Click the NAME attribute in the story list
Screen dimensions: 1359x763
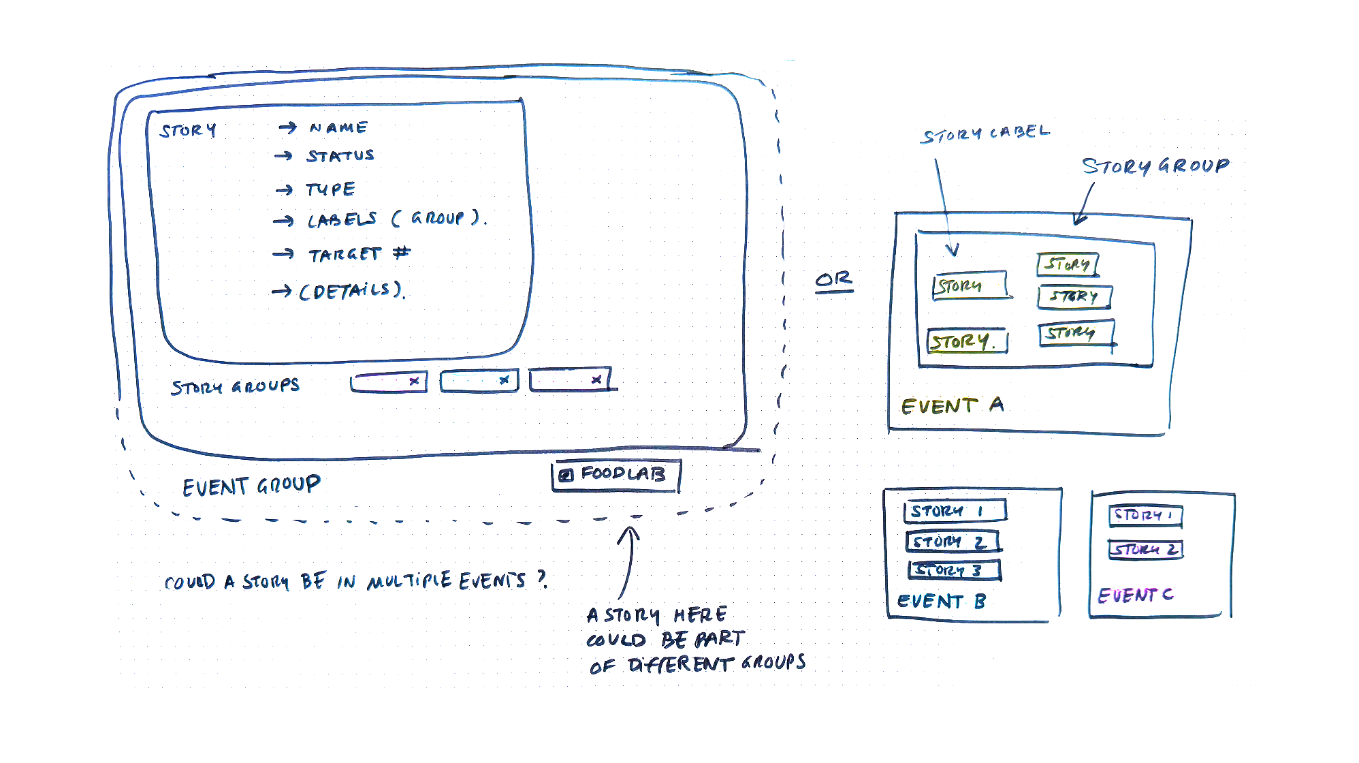[338, 127]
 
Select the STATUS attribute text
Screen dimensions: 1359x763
[340, 156]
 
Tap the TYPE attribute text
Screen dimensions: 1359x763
[330, 189]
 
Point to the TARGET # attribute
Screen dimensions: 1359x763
[359, 254]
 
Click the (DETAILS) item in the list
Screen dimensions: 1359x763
[352, 291]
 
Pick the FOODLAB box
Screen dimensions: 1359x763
[615, 474]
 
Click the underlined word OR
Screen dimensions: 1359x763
[833, 279]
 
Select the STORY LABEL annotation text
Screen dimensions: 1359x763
[985, 134]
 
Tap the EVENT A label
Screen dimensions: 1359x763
[952, 406]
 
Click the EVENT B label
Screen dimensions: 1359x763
[941, 602]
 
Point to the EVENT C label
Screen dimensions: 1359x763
[1135, 595]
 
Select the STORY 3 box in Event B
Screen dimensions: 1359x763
[954, 570]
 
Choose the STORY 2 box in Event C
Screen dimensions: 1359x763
[1145, 549]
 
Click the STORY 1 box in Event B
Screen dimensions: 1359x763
[955, 511]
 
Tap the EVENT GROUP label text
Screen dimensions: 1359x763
[251, 486]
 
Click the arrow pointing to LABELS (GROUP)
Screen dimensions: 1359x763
[283, 221]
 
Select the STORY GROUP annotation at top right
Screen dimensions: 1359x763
[1155, 166]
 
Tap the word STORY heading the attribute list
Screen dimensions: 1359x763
[188, 130]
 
